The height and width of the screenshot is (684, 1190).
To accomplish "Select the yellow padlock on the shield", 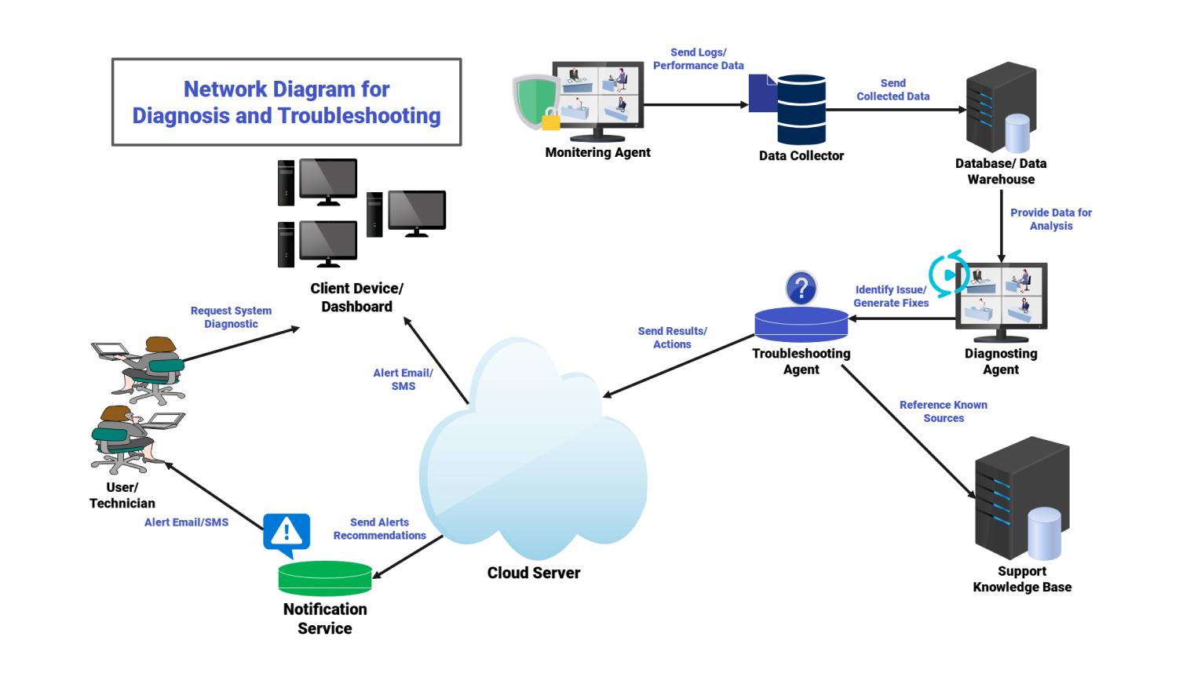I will pyautogui.click(x=551, y=121).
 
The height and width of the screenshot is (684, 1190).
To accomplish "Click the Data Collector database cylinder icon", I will pyautogui.click(x=801, y=110).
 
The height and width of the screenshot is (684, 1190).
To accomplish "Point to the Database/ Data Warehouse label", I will pyautogui.click(x=1001, y=171).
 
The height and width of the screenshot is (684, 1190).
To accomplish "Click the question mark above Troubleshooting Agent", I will pyautogui.click(x=801, y=289).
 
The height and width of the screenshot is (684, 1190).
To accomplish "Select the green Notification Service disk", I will pyautogui.click(x=325, y=579).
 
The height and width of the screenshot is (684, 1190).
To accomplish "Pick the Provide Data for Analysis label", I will pyautogui.click(x=1051, y=219).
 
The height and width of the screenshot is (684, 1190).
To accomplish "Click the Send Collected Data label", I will pyautogui.click(x=893, y=89).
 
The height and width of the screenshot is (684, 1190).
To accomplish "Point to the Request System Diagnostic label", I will pyautogui.click(x=231, y=317).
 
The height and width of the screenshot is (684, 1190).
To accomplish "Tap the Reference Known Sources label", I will pyautogui.click(x=944, y=411).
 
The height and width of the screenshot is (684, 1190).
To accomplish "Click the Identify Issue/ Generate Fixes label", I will pyautogui.click(x=891, y=296).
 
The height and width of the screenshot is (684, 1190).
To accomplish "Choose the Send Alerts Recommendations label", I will pyautogui.click(x=380, y=529).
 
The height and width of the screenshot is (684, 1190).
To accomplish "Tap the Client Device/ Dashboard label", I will pyautogui.click(x=357, y=297).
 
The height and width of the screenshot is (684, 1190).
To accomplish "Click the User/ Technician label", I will pyautogui.click(x=122, y=495).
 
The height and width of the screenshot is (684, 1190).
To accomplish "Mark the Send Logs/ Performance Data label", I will pyautogui.click(x=699, y=59).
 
